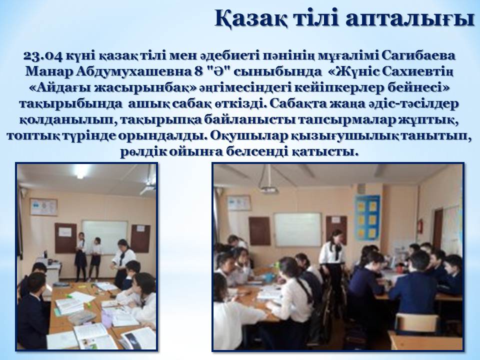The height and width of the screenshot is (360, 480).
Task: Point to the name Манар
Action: pyautogui.click(x=48, y=71)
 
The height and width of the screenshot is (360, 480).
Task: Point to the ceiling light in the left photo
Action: pyautogui.click(x=81, y=171)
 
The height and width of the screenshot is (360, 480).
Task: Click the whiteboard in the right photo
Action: pyautogui.click(x=297, y=229)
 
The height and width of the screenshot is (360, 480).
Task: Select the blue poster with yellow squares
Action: pyautogui.click(x=367, y=217)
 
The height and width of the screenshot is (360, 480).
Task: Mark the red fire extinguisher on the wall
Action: pyautogui.click(x=421, y=226)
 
